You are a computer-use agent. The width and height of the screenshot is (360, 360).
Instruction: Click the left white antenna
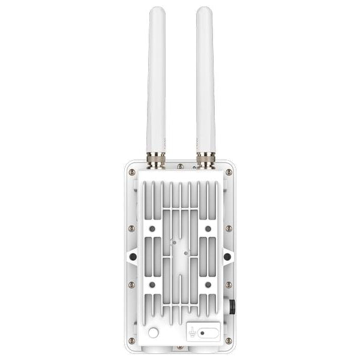pos(157,78)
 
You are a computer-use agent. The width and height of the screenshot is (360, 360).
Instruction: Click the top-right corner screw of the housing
pos(229,172)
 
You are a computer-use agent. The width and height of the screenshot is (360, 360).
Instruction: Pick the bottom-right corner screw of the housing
pos(229,340)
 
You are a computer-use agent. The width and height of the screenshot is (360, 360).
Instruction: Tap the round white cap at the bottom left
pos(154,332)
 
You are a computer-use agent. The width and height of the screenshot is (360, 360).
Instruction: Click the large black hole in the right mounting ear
pos(227,256)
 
